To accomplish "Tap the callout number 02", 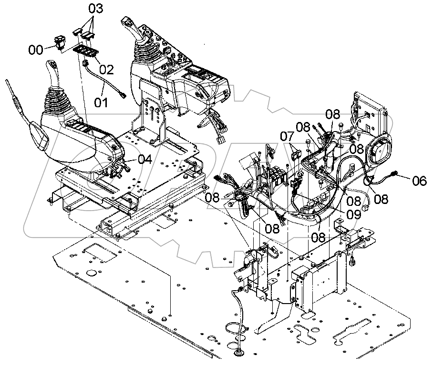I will pyautogui.click(x=106, y=70).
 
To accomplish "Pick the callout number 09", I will pyautogui.click(x=353, y=215).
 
